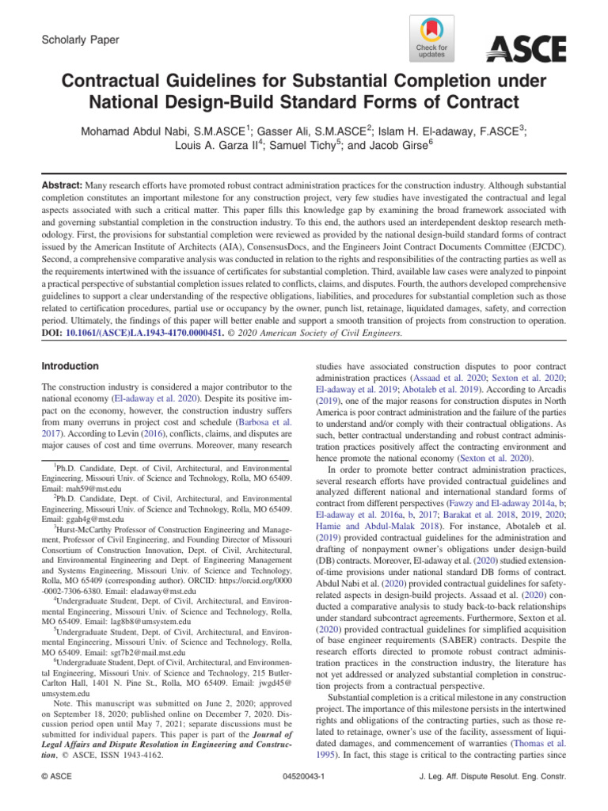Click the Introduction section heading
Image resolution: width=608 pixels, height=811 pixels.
tap(70, 367)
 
